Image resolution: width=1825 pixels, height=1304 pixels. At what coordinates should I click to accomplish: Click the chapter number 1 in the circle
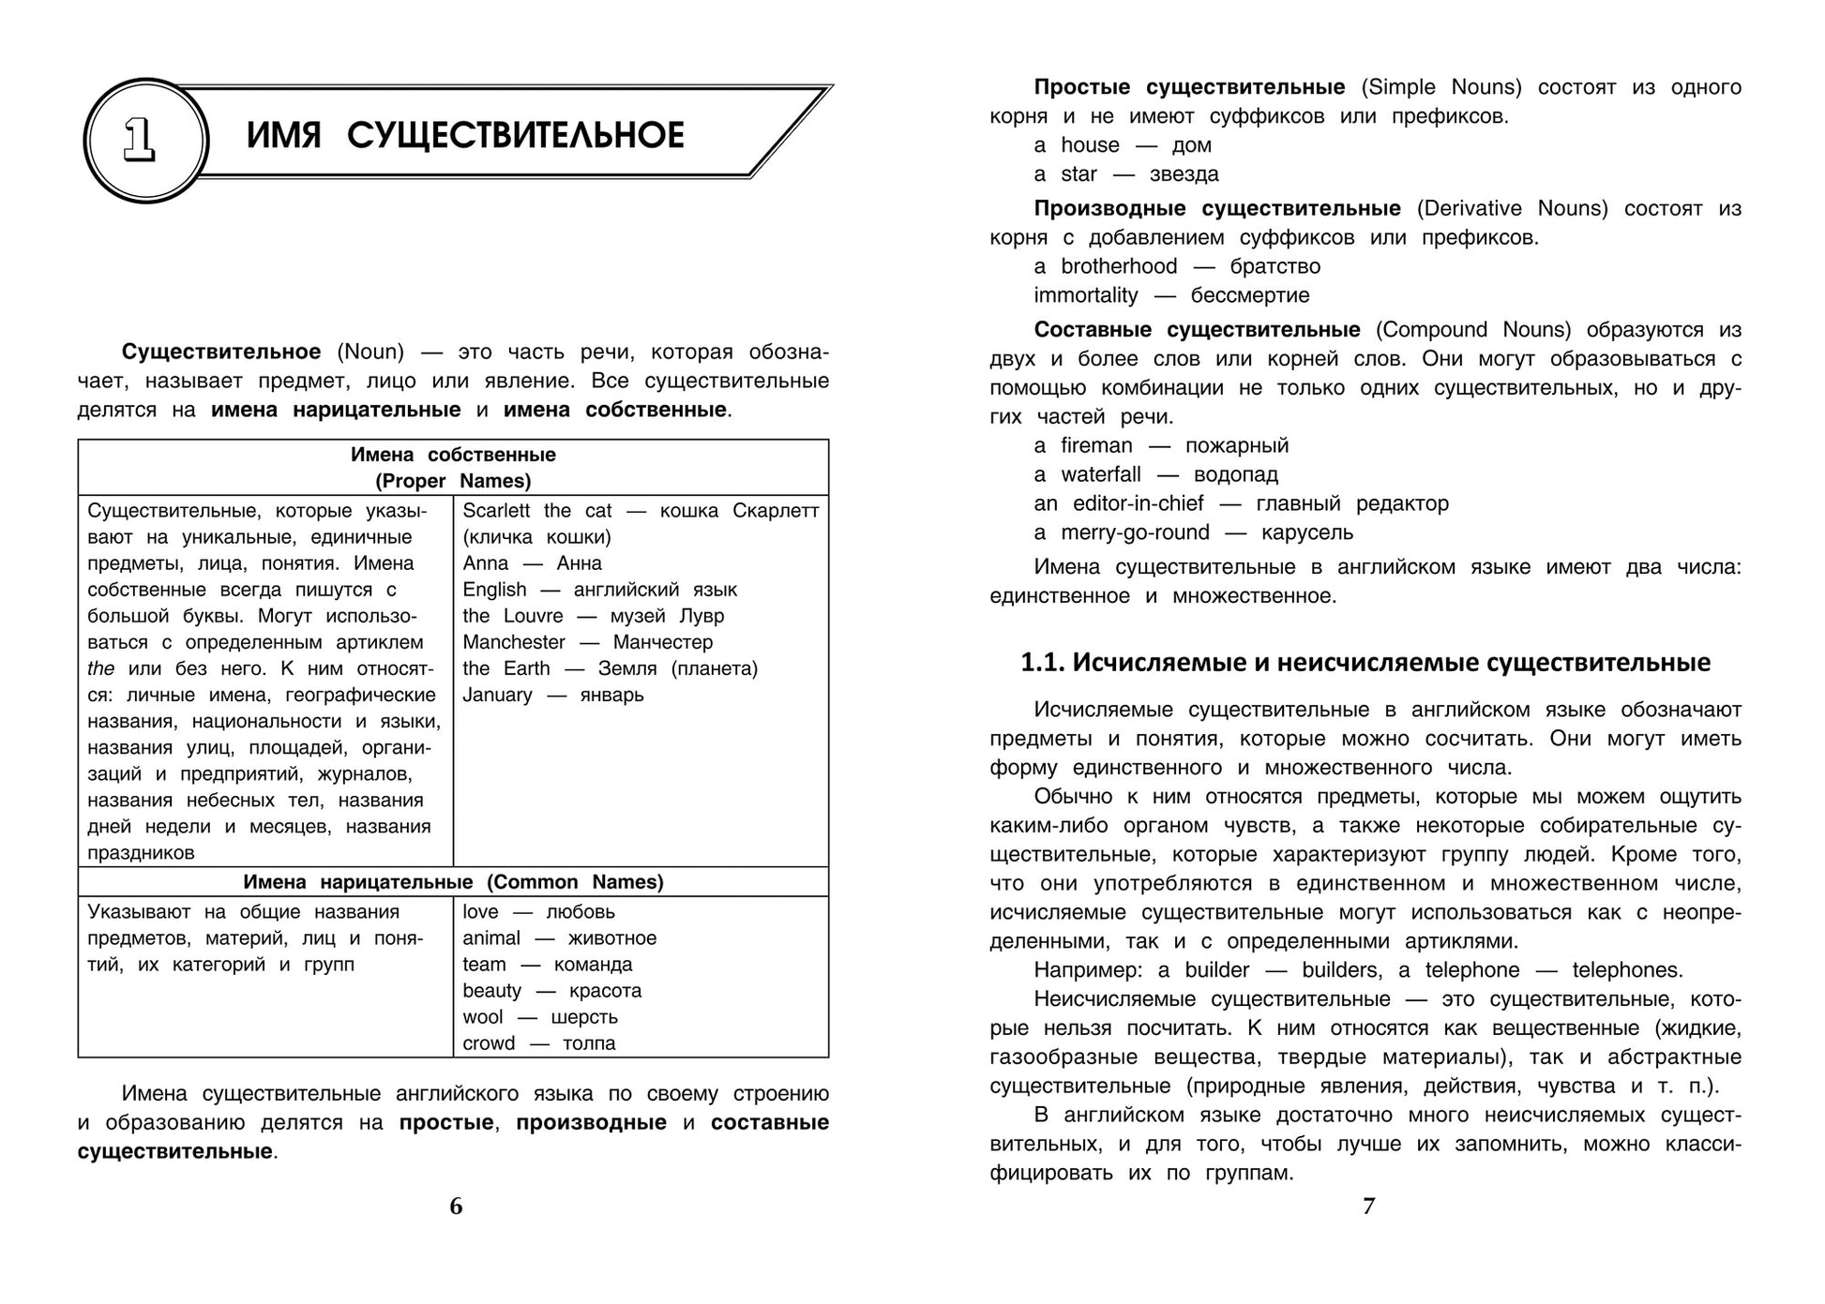(x=140, y=141)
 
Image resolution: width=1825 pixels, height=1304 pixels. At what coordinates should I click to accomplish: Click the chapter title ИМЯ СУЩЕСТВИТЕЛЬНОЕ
(x=465, y=136)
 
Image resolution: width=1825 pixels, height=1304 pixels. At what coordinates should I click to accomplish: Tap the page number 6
(x=456, y=1207)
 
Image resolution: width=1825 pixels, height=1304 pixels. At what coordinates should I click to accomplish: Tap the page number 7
(x=1368, y=1207)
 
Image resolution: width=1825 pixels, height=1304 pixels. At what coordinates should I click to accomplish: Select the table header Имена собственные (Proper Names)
(x=453, y=468)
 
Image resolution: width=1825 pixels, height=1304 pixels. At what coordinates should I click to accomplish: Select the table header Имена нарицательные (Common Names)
(x=453, y=882)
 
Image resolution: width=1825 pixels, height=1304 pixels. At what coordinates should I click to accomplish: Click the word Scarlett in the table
(x=496, y=511)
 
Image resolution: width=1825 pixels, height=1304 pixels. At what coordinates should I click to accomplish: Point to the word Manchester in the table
(x=514, y=642)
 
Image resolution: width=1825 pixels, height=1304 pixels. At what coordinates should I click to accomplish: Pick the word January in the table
(x=497, y=695)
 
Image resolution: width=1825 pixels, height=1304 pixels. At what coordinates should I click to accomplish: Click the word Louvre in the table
(x=534, y=616)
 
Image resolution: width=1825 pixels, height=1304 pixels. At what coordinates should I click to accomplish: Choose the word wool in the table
(x=482, y=1017)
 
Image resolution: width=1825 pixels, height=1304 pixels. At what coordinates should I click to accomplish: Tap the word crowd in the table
(x=489, y=1043)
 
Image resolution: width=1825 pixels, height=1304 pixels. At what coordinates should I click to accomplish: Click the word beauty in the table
(x=491, y=991)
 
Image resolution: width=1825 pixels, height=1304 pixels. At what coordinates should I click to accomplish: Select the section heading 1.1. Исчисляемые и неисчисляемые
(x=1365, y=663)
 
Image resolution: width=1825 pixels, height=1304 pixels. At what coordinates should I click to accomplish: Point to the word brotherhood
(x=1119, y=266)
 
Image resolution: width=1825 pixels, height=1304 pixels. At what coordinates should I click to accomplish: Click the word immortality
(x=1086, y=295)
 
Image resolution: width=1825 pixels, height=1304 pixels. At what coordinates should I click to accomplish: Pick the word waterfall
(x=1101, y=474)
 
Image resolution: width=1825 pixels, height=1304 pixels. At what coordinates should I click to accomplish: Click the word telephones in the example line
(x=1624, y=970)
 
